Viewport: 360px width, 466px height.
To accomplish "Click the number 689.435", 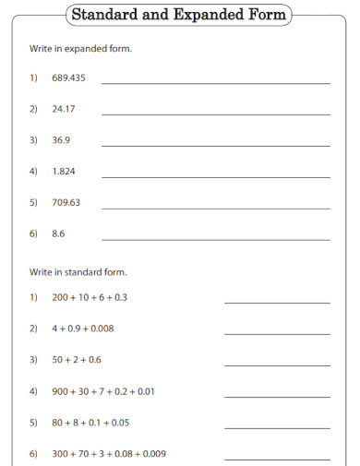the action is click(68, 78).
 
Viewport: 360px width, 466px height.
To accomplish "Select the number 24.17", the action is click(63, 109).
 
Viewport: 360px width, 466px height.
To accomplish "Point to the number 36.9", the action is click(61, 140).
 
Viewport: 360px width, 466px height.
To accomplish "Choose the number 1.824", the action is click(65, 172).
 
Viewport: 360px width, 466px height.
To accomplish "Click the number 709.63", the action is click(66, 202).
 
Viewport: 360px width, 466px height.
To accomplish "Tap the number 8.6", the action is click(58, 233).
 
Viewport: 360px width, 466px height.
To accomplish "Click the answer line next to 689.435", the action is click(215, 83).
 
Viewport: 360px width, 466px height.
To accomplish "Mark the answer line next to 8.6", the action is click(215, 239).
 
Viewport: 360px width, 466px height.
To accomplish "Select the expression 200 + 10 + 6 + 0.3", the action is click(90, 297).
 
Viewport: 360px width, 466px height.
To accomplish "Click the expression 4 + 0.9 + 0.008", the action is click(83, 329).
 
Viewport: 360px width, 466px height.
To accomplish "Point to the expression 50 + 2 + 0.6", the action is click(77, 360).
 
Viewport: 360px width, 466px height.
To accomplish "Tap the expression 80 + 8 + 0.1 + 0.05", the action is click(90, 423).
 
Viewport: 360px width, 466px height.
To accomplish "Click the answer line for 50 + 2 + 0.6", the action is click(276, 365).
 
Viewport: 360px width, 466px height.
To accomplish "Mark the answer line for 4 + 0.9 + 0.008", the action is click(276, 334).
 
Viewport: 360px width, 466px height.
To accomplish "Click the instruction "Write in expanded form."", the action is click(80, 48).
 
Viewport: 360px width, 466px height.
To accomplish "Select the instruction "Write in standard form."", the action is click(78, 272).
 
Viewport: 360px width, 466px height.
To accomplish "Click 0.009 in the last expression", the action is click(154, 454).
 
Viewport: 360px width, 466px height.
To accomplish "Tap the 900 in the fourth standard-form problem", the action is click(61, 391).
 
